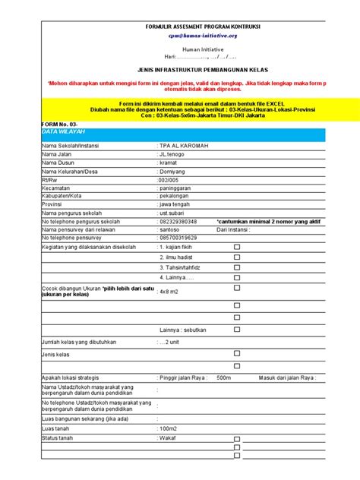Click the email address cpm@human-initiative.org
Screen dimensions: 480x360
(x=202, y=36)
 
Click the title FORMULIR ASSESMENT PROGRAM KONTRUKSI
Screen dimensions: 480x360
(x=202, y=27)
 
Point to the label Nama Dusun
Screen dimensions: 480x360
(x=59, y=163)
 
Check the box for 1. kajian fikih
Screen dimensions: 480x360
(x=236, y=247)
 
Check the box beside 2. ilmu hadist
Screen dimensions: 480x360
(x=236, y=257)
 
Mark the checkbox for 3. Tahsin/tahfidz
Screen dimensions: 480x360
(x=236, y=267)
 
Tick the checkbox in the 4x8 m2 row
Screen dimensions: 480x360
(x=236, y=291)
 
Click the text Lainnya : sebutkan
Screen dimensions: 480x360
(x=184, y=330)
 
